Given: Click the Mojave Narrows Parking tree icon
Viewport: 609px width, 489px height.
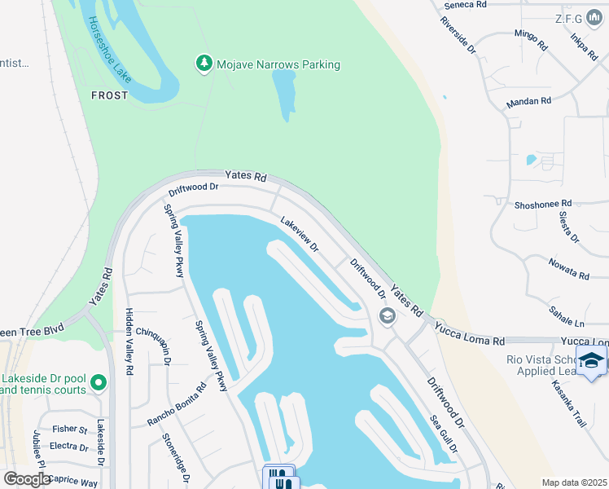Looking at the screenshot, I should pyautogui.click(x=204, y=63).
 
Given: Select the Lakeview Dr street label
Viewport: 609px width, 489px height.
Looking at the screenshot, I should pyautogui.click(x=299, y=233).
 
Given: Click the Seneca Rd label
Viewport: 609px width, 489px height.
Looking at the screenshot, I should pyautogui.click(x=464, y=5).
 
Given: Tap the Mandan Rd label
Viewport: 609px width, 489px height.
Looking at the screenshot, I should pyautogui.click(x=528, y=102).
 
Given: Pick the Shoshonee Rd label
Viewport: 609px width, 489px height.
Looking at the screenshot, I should pyautogui.click(x=543, y=204).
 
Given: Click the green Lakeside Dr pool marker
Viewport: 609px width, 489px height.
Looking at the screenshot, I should pyautogui.click(x=99, y=381).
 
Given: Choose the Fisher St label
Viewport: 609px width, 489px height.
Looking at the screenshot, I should pyautogui.click(x=69, y=429).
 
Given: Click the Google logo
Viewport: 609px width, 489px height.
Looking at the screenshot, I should pyautogui.click(x=28, y=479).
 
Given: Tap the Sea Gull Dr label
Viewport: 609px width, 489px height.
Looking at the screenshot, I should pyautogui.click(x=444, y=433).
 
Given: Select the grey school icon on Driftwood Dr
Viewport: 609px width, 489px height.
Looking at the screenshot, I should pyautogui.click(x=388, y=316).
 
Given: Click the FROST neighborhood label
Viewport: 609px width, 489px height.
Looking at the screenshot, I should pyautogui.click(x=109, y=95).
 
